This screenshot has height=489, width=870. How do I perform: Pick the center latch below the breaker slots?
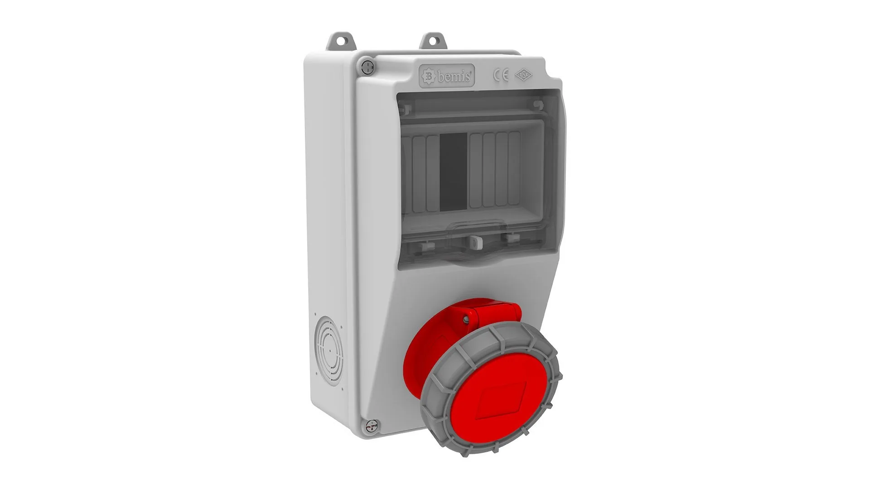475,242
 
